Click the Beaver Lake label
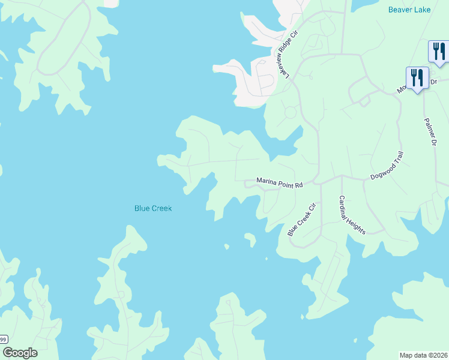point(410,10)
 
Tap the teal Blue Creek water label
point(153,208)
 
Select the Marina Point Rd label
point(280,182)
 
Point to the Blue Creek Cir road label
point(301,219)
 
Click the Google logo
point(20,353)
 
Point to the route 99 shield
point(3,340)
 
